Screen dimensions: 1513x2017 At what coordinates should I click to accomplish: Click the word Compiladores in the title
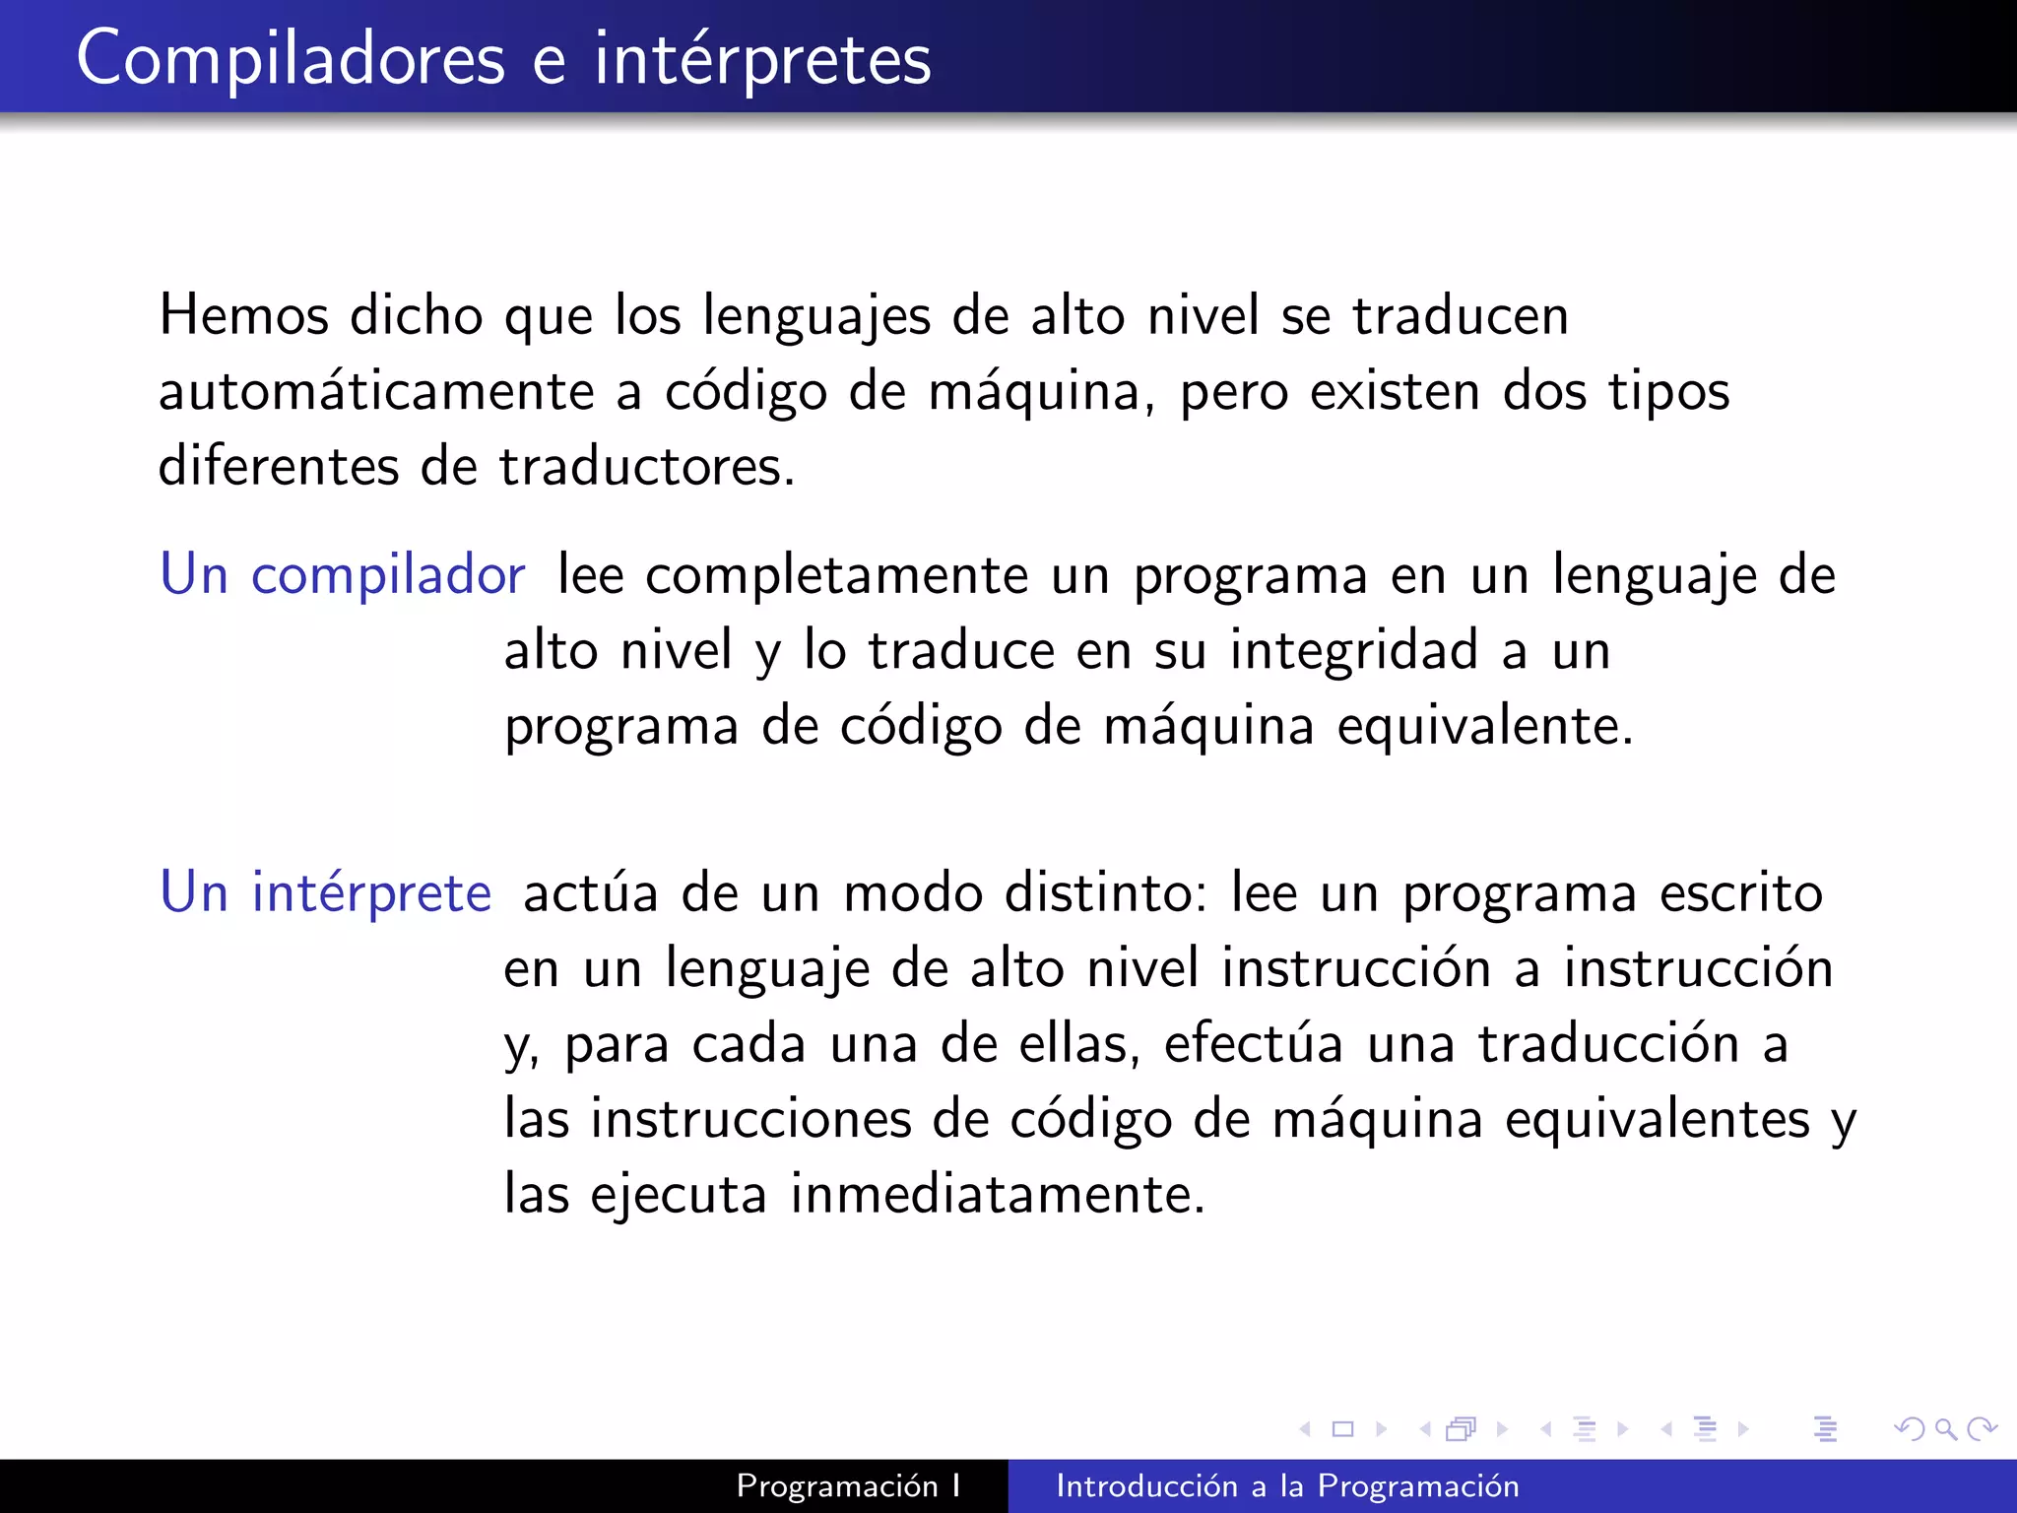pyautogui.click(x=291, y=59)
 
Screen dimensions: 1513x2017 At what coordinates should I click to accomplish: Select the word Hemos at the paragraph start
pyautogui.click(x=244, y=316)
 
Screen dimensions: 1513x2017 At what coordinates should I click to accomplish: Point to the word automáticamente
pyautogui.click(x=376, y=392)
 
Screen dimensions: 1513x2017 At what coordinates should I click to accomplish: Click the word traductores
pyautogui.click(x=646, y=467)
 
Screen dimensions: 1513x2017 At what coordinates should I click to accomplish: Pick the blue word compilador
pyautogui.click(x=388, y=575)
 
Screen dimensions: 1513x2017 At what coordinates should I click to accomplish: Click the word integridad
pyautogui.click(x=1354, y=651)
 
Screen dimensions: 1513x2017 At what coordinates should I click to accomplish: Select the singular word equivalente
pyautogui.click(x=1484, y=727)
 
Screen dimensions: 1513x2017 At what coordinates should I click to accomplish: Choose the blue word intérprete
pyautogui.click(x=371, y=894)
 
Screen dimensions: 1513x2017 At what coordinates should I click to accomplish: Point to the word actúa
pyautogui.click(x=590, y=894)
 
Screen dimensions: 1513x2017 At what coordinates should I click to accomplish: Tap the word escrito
pyautogui.click(x=1740, y=894)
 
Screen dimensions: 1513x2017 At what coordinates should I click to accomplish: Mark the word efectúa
pyautogui.click(x=1253, y=1044)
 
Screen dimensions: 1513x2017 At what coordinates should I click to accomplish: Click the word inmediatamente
pyautogui.click(x=997, y=1195)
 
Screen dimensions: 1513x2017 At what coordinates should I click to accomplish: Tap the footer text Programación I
pyautogui.click(x=848, y=1485)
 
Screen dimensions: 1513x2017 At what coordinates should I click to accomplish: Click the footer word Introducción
pyautogui.click(x=1146, y=1485)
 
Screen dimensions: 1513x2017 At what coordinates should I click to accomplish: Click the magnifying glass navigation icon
pyautogui.click(x=1945, y=1429)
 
